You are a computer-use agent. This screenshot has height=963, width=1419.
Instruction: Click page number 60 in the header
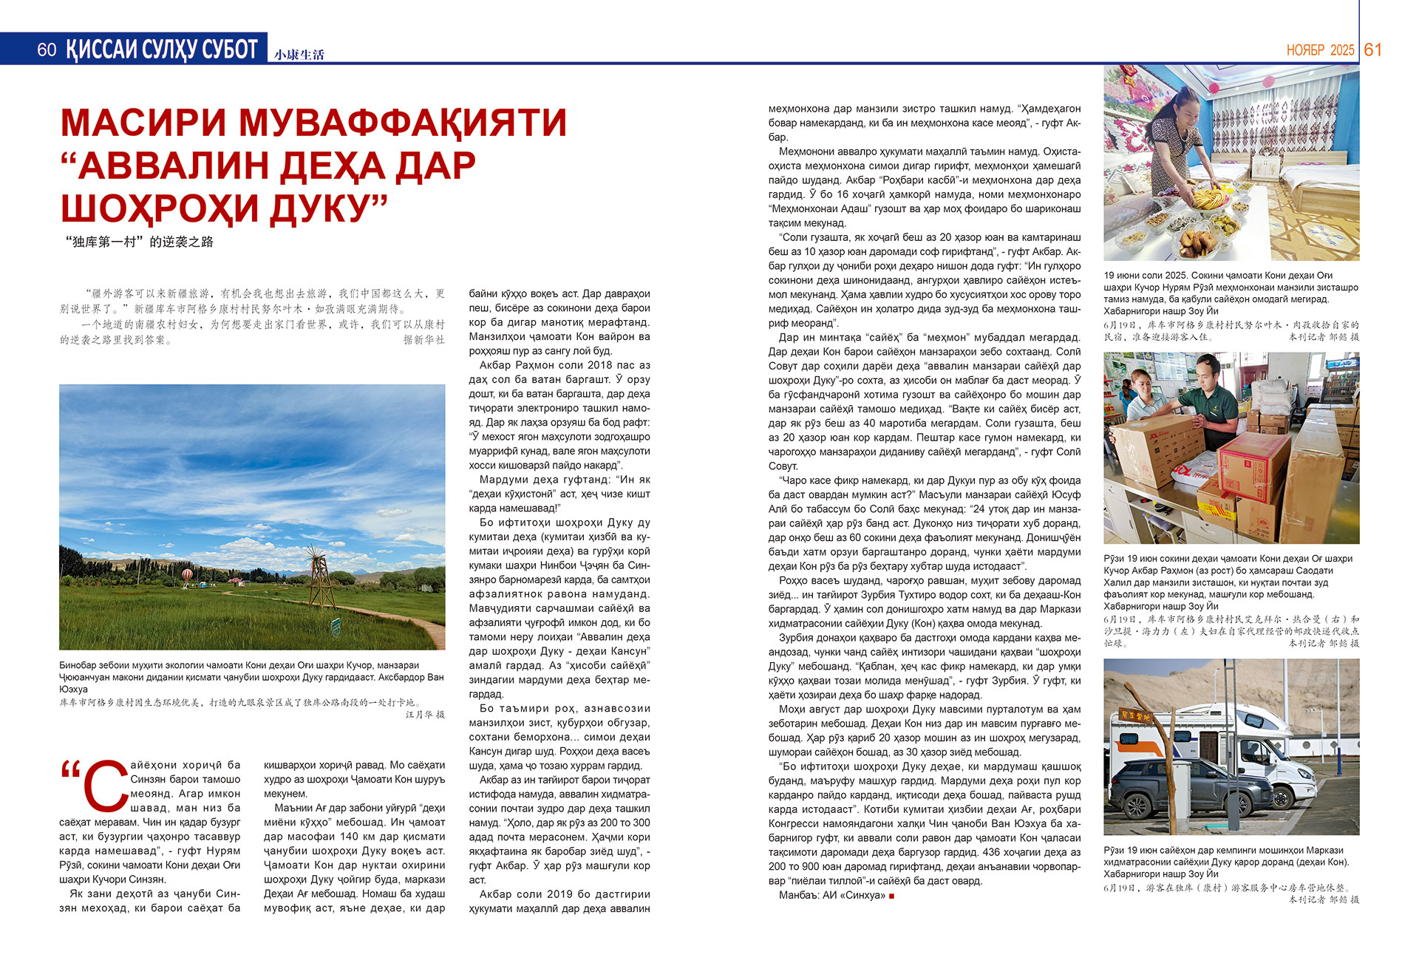click(x=47, y=50)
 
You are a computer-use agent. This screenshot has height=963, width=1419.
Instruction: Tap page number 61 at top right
click(x=1372, y=50)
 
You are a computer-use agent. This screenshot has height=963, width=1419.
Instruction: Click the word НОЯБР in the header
click(x=1305, y=50)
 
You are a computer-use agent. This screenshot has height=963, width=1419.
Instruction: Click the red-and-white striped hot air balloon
click(x=188, y=574)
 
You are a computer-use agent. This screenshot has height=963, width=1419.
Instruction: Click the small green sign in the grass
click(x=336, y=628)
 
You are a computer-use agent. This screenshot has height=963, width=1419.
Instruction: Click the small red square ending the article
click(x=892, y=896)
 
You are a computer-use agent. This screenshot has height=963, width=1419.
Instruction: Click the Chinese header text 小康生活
click(x=299, y=55)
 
